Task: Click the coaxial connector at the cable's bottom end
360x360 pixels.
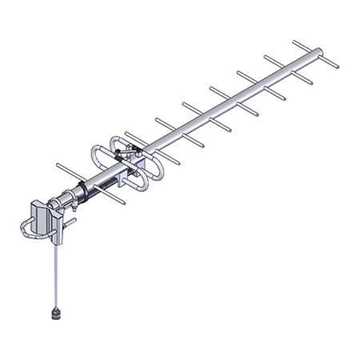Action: click(x=58, y=310)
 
